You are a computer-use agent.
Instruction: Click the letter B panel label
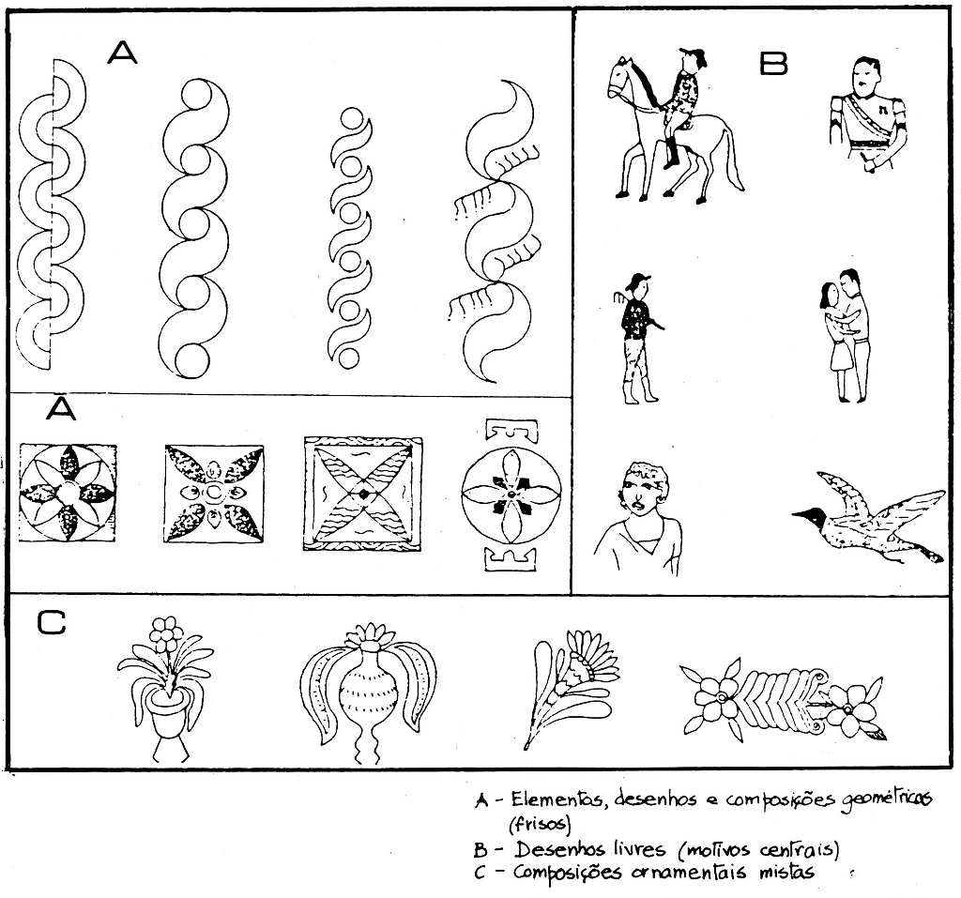pyautogui.click(x=773, y=63)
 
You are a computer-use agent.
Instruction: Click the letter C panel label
pyautogui.click(x=52, y=622)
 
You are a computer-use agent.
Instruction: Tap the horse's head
pyautogui.click(x=620, y=79)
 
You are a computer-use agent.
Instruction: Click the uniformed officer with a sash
pyautogui.click(x=868, y=114)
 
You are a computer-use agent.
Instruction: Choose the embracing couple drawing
pyautogui.click(x=846, y=335)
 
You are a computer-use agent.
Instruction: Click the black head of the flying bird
pyautogui.click(x=811, y=515)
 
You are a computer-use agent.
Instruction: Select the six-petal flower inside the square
pyautogui.click(x=68, y=493)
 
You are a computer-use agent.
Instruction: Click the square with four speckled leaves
pyautogui.click(x=214, y=494)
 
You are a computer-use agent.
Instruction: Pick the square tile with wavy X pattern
pyautogui.click(x=363, y=494)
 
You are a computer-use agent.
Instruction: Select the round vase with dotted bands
pyautogui.click(x=368, y=691)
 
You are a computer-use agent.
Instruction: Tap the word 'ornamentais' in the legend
pyautogui.click(x=690, y=872)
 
